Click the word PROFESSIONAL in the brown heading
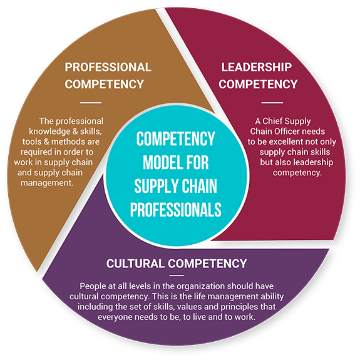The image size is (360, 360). point(108,67)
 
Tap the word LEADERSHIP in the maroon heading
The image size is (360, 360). point(257,67)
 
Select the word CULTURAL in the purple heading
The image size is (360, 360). point(135,264)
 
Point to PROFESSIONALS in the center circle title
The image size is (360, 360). point(176,209)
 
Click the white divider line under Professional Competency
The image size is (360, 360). point(91,103)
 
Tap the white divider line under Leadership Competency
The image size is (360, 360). point(272,103)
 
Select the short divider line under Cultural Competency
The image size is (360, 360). point(177,275)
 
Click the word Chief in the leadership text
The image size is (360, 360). point(270,121)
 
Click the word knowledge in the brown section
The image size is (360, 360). point(49,131)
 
